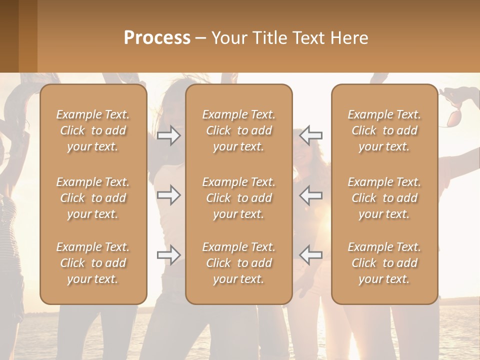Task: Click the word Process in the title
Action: tap(157, 38)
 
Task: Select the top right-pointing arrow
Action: tap(169, 135)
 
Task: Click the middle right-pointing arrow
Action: tap(169, 195)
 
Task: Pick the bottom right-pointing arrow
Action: tap(169, 255)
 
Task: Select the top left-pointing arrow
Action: tap(310, 135)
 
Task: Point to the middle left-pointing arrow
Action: tap(310, 195)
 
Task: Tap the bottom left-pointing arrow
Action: tap(310, 255)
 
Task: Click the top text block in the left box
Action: tap(93, 130)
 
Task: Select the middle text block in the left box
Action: tap(93, 198)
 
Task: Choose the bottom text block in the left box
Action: tap(93, 263)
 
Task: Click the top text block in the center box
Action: tap(238, 130)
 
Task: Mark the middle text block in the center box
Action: tap(238, 198)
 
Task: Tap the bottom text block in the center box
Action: tap(238, 263)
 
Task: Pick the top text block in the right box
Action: tap(384, 130)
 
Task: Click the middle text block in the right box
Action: tap(384, 198)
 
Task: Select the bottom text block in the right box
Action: tap(384, 263)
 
